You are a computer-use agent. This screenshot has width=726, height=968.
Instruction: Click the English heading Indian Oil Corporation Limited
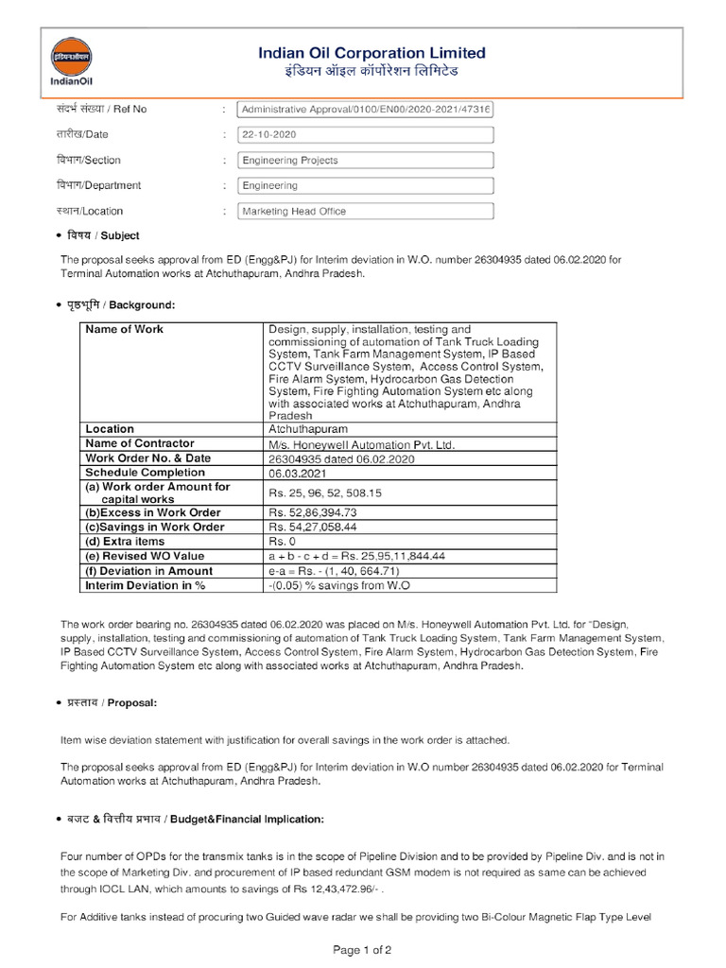coord(372,53)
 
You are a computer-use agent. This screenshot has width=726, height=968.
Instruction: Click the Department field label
coord(98,186)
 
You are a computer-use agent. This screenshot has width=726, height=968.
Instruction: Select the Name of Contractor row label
coord(140,443)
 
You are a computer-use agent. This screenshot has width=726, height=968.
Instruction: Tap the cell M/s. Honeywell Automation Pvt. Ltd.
coord(362,444)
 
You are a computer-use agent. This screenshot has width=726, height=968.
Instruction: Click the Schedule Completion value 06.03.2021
coord(297,473)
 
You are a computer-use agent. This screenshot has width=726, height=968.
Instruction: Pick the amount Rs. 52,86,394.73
coord(313,512)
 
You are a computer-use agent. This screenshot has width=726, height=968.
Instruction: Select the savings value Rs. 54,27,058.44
coord(313,527)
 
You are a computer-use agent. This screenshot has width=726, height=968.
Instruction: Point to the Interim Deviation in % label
coord(146,586)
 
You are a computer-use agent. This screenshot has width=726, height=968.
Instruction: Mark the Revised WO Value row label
coord(145,557)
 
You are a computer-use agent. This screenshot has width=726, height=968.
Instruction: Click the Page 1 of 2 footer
coord(363,949)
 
